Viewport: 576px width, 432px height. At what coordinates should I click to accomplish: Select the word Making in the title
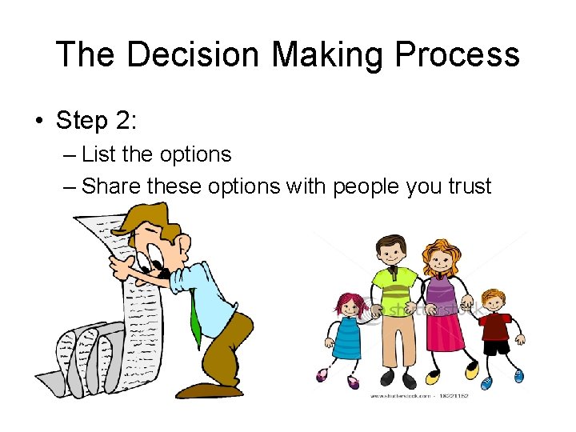pos(319,55)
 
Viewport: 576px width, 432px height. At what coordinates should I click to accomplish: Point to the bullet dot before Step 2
pos(38,122)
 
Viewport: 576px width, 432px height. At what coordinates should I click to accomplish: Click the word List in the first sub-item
pos(98,154)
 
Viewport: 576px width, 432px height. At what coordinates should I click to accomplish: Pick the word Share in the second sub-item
pos(111,186)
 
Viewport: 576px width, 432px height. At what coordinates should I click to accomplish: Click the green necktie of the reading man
pos(195,320)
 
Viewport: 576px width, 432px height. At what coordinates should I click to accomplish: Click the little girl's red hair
pos(346,302)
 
